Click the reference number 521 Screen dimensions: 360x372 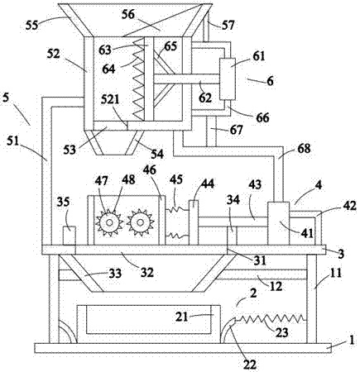click(110, 99)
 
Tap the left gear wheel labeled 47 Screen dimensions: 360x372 click(109, 222)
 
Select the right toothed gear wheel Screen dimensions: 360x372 click(141, 222)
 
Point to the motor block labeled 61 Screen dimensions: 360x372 click(228, 79)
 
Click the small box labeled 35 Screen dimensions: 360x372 click(70, 236)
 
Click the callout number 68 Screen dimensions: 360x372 click(304, 149)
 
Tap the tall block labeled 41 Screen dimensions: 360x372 click(279, 223)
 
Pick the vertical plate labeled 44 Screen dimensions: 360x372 click(194, 222)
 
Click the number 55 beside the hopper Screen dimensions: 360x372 click(32, 26)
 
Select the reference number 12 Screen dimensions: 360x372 click(276, 286)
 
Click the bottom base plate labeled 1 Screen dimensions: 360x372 click(183, 348)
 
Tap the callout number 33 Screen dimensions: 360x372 click(115, 274)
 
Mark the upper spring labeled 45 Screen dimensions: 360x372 click(177, 210)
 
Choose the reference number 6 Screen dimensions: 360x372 click(270, 81)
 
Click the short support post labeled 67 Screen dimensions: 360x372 click(211, 131)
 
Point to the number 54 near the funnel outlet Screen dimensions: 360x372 click(157, 154)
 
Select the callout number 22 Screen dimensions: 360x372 click(250, 365)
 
